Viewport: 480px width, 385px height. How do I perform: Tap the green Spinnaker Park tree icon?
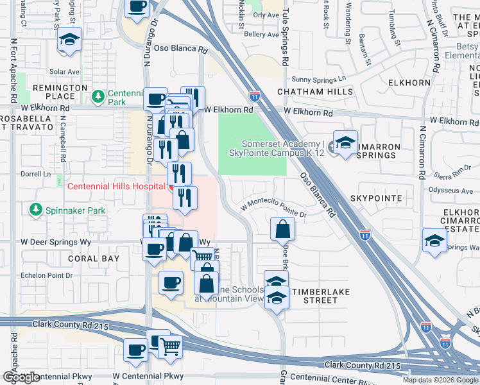[x=35, y=210]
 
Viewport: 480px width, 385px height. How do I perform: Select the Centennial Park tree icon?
[x=98, y=97]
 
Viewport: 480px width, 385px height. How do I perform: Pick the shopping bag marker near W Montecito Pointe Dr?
[x=282, y=228]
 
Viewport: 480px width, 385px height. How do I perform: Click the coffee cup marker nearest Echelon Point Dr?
[x=171, y=282]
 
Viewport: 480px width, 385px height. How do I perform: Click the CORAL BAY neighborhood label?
[x=94, y=259]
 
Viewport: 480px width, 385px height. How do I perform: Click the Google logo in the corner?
[x=21, y=377]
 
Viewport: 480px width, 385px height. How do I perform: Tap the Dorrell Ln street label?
[x=37, y=173]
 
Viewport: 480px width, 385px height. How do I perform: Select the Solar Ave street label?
[x=64, y=72]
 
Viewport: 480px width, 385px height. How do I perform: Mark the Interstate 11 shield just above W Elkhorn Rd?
[x=255, y=97]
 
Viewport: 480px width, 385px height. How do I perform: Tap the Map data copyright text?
[x=440, y=380]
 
